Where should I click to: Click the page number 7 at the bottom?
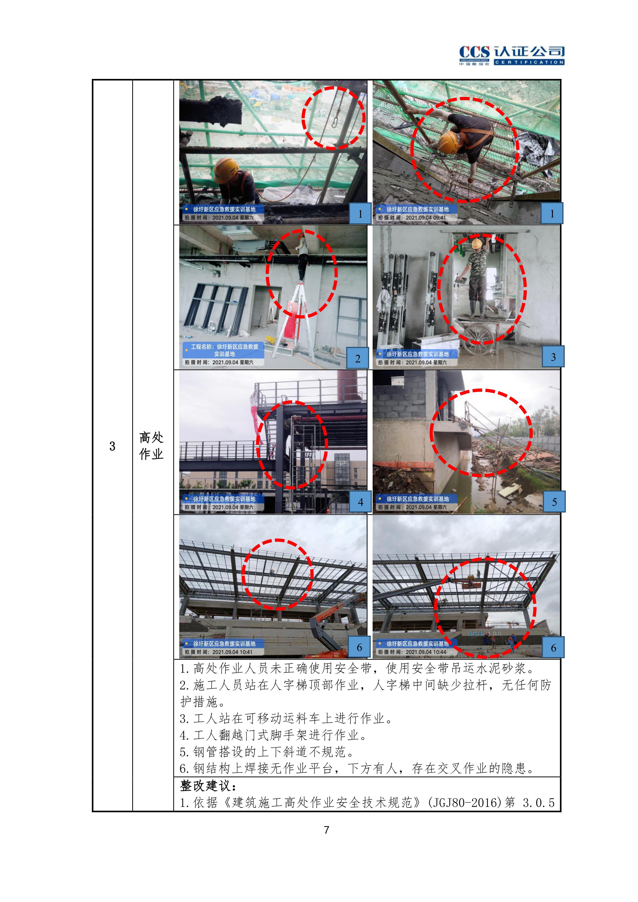click(x=326, y=830)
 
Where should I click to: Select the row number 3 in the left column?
click(x=112, y=446)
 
